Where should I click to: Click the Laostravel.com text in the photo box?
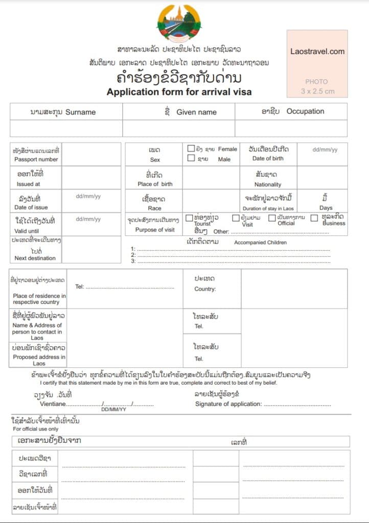(317, 51)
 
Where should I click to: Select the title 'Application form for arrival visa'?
(179, 92)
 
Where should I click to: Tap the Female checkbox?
(191, 149)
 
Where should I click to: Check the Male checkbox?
(191, 158)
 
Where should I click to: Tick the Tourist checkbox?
(189, 218)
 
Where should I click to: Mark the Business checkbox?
(314, 218)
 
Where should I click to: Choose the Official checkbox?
(272, 218)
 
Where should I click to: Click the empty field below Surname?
(66, 128)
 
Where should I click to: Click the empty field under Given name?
(178, 128)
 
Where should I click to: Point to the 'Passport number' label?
(36, 159)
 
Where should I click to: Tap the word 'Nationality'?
(268, 184)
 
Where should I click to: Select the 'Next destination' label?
(35, 258)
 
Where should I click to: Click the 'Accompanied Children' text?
(260, 243)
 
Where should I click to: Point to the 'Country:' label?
(205, 289)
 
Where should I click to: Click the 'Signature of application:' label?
(228, 404)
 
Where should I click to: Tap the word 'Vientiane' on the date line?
(53, 404)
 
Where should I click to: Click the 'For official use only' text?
(36, 429)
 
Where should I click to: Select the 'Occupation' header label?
(305, 111)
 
